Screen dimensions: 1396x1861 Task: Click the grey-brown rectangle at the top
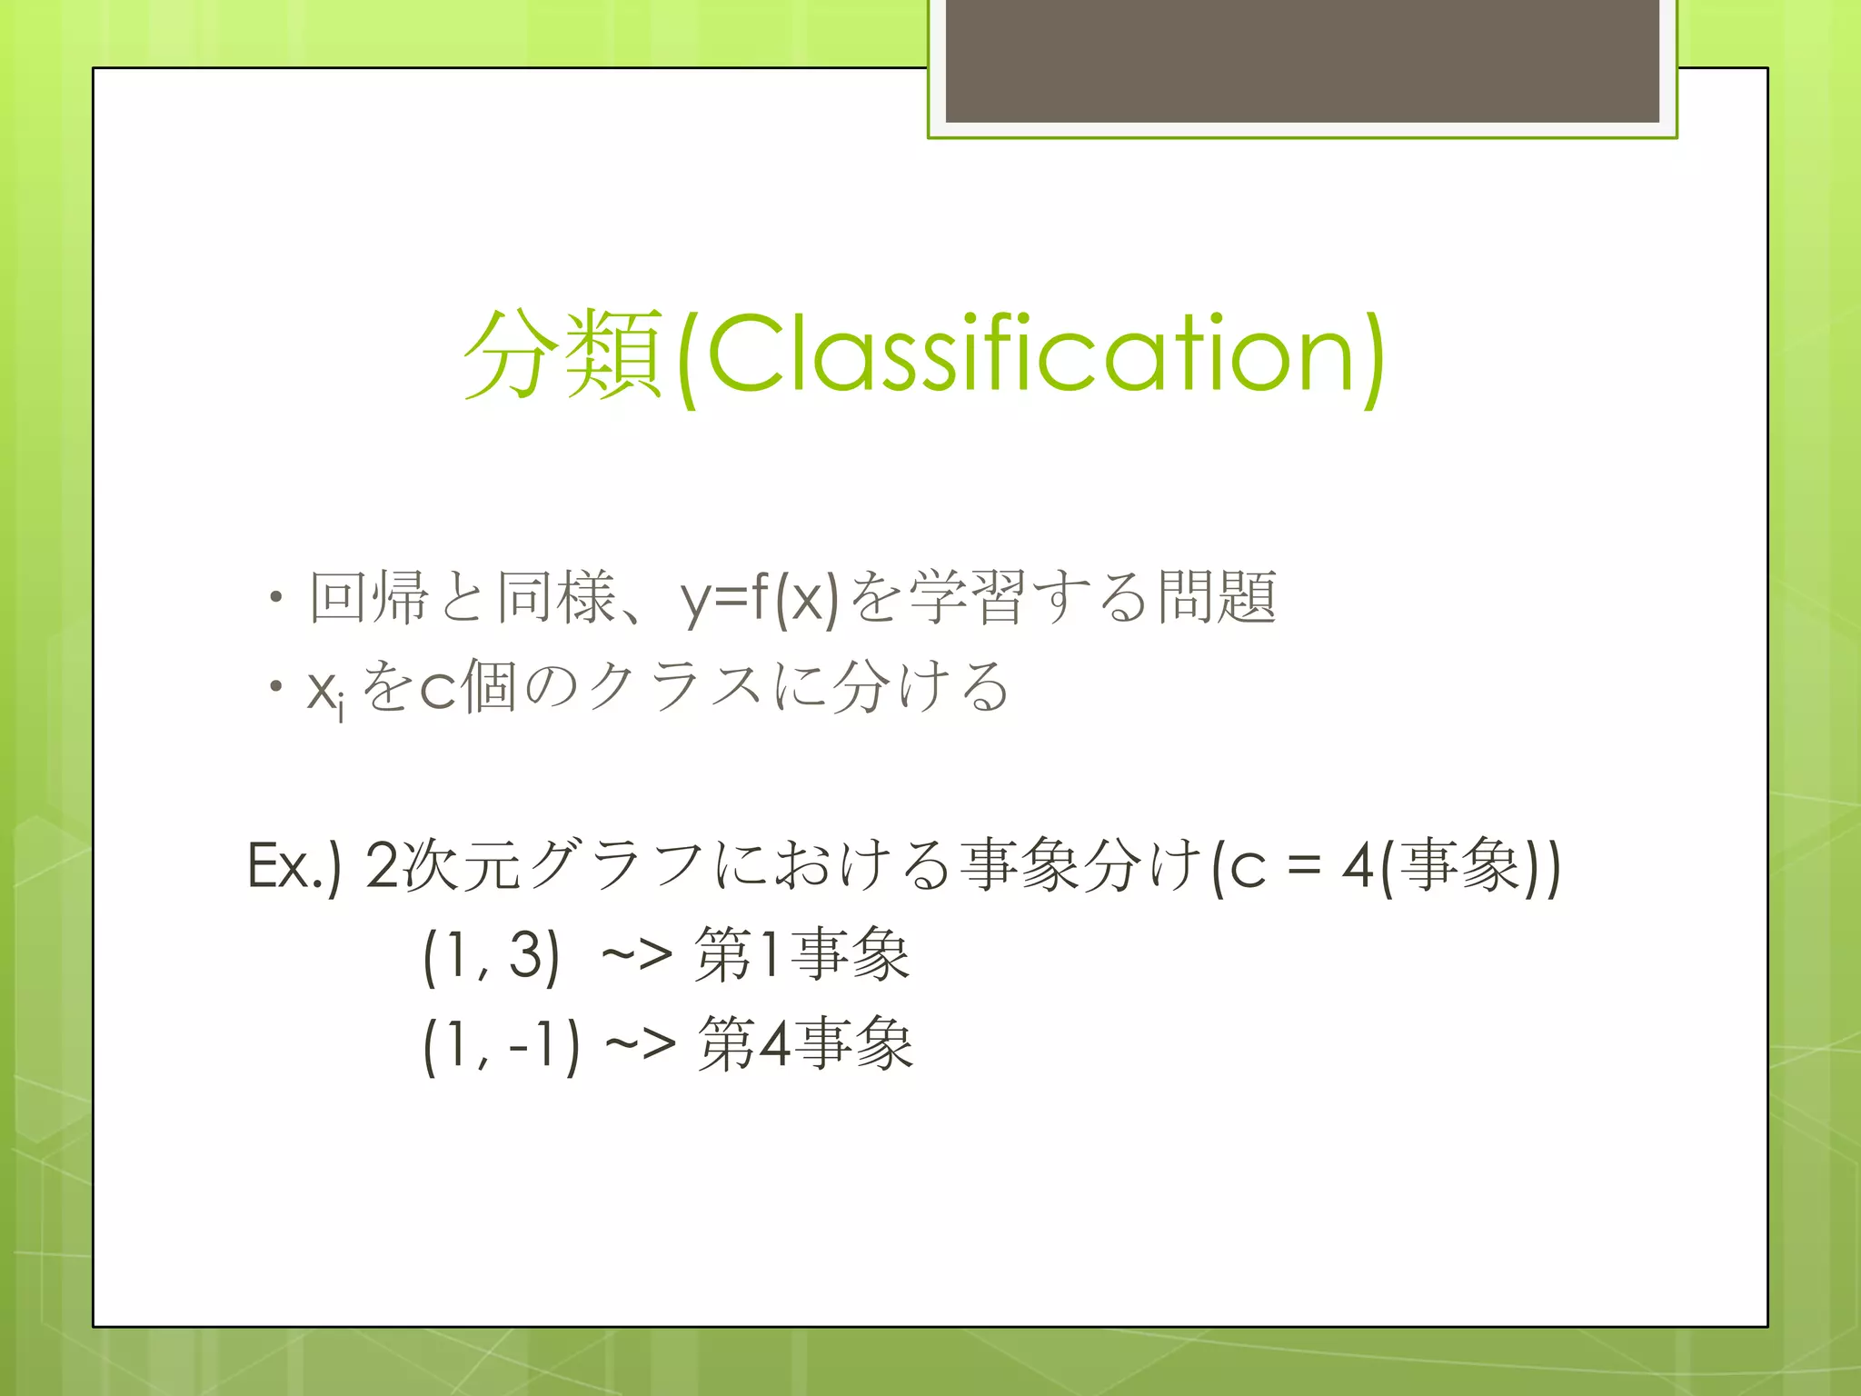[x=1301, y=60]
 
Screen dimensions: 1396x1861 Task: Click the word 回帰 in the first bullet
[x=368, y=598]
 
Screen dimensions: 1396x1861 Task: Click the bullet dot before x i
[x=275, y=687]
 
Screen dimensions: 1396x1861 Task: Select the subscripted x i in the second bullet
[x=325, y=691]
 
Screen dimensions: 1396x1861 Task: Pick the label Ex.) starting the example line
[x=294, y=865]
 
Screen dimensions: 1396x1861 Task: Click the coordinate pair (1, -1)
[x=501, y=1045]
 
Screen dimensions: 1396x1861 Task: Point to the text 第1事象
[x=801, y=954]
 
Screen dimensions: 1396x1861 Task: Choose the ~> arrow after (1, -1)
[x=640, y=1045]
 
